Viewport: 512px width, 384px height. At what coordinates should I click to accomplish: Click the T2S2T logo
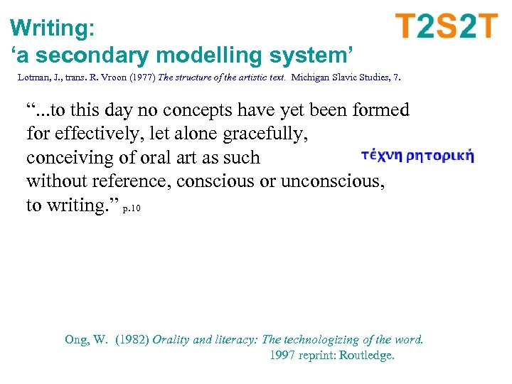(447, 27)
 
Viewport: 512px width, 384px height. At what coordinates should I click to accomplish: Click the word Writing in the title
(49, 28)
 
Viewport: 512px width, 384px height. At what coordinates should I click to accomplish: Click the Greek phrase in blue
(417, 156)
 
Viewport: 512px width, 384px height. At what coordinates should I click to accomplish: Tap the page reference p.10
(132, 209)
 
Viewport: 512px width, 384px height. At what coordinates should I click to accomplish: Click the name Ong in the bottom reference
(76, 339)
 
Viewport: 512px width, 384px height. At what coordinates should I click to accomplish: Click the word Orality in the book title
(171, 339)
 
